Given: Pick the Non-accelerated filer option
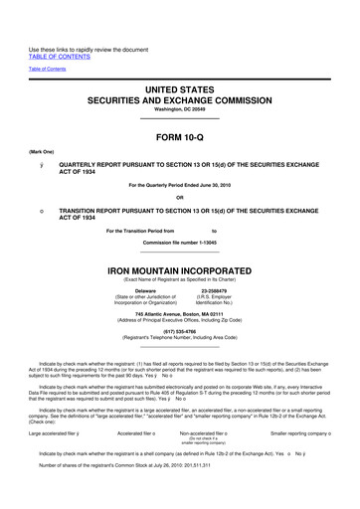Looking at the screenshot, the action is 206,433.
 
